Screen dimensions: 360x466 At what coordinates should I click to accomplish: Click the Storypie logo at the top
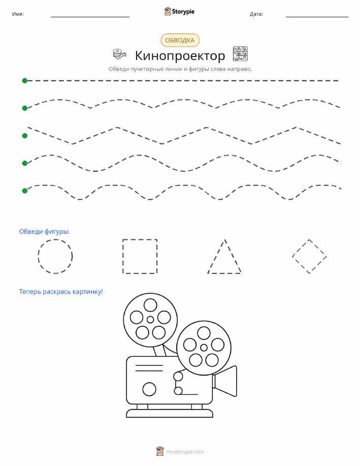pyautogui.click(x=179, y=12)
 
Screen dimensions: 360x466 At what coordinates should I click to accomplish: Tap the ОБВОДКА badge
pyautogui.click(x=180, y=41)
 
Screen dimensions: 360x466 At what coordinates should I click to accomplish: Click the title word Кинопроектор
pyautogui.click(x=180, y=55)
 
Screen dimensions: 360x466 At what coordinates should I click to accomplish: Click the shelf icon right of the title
pyautogui.click(x=240, y=54)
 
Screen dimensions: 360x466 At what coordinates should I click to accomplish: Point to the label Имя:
pyautogui.click(x=18, y=14)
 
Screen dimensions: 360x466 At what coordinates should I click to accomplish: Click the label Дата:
pyautogui.click(x=256, y=14)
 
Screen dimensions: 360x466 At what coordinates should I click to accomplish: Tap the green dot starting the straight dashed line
pyautogui.click(x=25, y=80)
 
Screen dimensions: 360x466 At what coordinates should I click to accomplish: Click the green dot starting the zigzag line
pyautogui.click(x=25, y=136)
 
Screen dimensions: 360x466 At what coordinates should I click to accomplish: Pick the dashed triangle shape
pyautogui.click(x=216, y=256)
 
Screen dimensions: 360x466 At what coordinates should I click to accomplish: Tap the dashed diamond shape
pyautogui.click(x=301, y=248)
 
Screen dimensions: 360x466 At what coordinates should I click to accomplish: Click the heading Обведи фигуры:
pyautogui.click(x=44, y=232)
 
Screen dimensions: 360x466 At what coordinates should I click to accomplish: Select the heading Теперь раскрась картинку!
pyautogui.click(x=61, y=292)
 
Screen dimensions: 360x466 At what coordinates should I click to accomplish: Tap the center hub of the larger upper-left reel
pyautogui.click(x=150, y=320)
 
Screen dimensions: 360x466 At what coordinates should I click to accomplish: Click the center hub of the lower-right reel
pyautogui.click(x=204, y=348)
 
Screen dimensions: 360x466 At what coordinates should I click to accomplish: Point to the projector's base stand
pyautogui.click(x=170, y=413)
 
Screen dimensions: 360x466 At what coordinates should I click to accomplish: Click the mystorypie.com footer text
pyautogui.click(x=185, y=452)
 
